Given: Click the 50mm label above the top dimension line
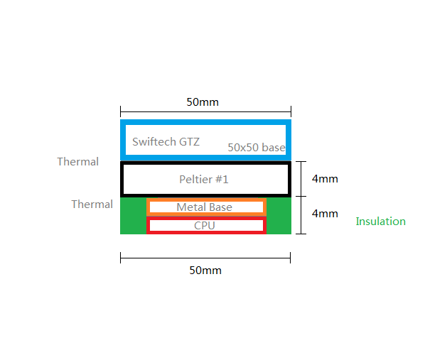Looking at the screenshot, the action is (x=203, y=102).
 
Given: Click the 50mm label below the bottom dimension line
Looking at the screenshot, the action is (x=205, y=271).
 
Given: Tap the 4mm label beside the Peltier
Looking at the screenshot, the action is (x=325, y=179).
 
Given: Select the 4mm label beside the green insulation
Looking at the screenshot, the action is (x=325, y=214).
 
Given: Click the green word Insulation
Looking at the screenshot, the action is (x=380, y=222).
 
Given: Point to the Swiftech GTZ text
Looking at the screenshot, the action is (x=166, y=142).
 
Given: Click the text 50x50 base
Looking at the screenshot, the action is (x=257, y=148).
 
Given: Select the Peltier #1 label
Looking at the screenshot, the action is (x=204, y=180).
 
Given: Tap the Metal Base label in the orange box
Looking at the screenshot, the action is (x=205, y=207).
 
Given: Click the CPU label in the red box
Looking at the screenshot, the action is (x=205, y=225).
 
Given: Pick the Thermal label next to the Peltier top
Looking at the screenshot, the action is (x=77, y=162).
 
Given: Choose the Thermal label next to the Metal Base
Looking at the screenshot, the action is (x=92, y=204).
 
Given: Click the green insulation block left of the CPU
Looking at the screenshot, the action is (x=134, y=216).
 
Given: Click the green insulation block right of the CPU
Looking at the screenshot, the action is (x=279, y=216).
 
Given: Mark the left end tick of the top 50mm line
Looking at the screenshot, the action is (x=120, y=111).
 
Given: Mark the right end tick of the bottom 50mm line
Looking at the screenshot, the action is (x=290, y=258).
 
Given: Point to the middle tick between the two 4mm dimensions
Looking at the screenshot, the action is (x=301, y=196).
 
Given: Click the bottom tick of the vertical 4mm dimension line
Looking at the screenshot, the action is (x=301, y=234).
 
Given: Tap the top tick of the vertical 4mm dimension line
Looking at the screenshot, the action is (x=301, y=161).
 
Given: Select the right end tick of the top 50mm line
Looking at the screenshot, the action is (x=291, y=111).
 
